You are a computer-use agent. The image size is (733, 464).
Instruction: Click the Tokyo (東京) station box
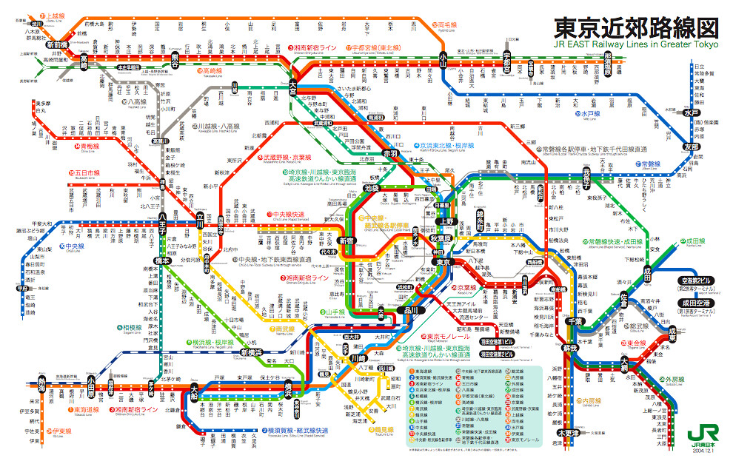[441, 262]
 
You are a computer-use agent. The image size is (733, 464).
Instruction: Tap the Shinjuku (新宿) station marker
[347, 241]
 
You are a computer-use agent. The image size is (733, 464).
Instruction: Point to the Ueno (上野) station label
[448, 221]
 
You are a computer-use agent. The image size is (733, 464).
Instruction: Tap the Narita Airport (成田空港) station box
[695, 303]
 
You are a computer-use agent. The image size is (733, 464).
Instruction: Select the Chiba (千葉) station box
[574, 321]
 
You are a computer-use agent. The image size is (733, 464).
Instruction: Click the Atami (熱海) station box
[41, 382]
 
